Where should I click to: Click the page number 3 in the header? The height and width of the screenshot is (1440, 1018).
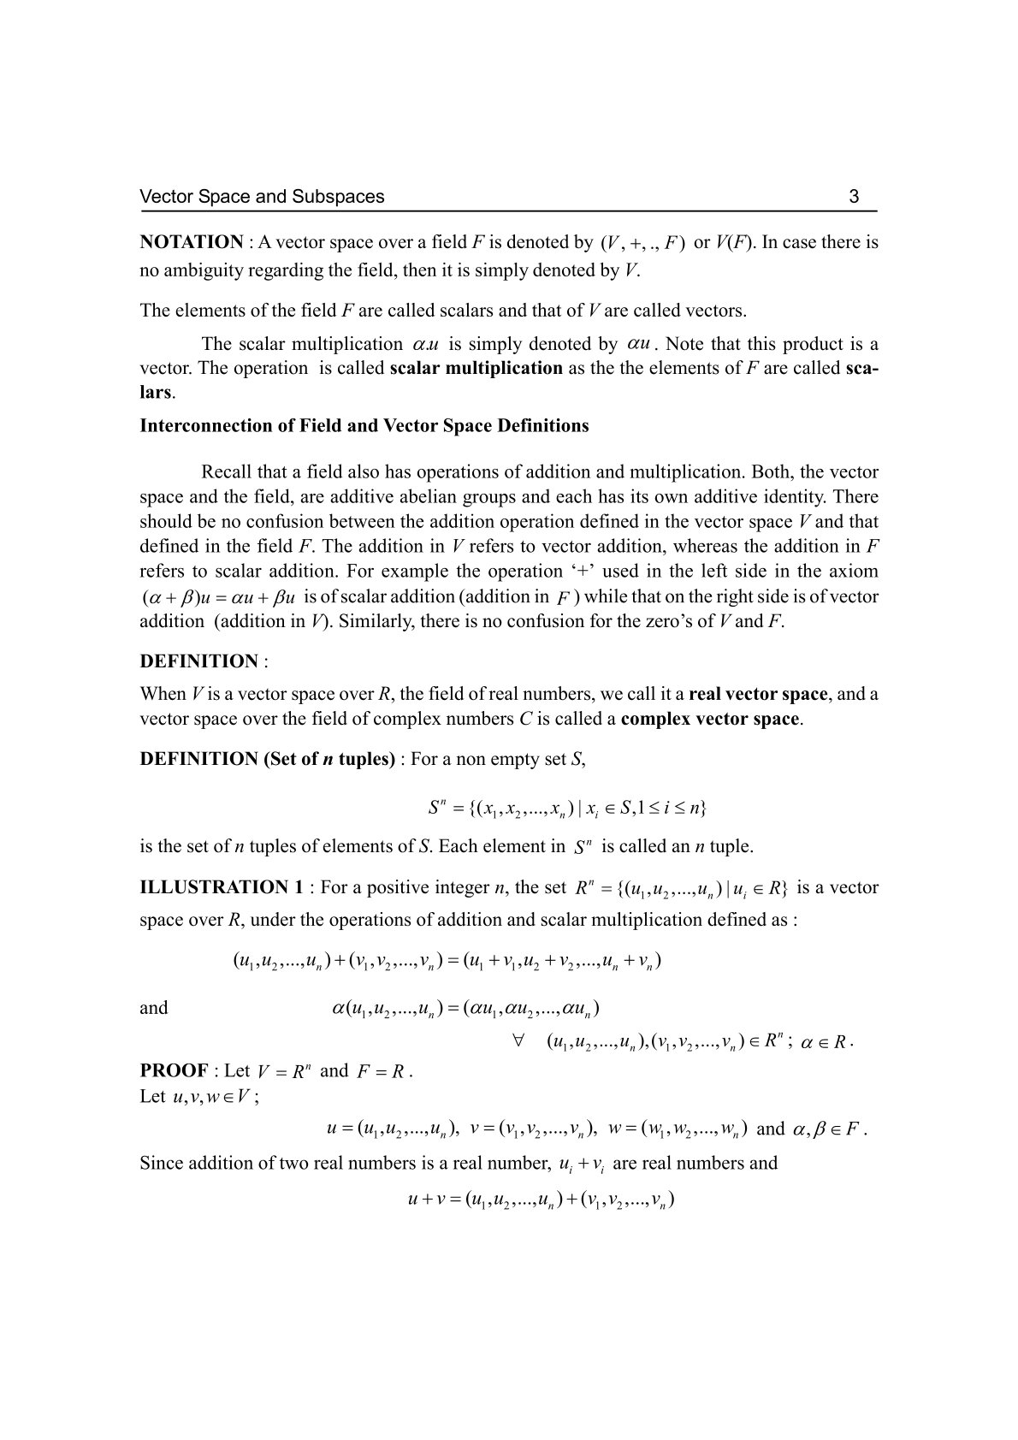click(x=854, y=197)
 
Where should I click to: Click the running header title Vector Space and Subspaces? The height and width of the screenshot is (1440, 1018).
click(x=262, y=197)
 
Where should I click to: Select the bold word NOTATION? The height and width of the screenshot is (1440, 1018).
click(x=192, y=242)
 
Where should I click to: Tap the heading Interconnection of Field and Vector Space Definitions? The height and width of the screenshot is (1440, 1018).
click(x=364, y=425)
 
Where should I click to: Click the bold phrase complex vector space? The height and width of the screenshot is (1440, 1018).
click(x=711, y=719)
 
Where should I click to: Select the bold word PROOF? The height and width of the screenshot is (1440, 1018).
click(x=175, y=1070)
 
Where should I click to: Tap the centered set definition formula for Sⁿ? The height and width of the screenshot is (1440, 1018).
click(x=567, y=808)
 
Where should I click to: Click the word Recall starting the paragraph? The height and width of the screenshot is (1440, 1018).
click(x=228, y=472)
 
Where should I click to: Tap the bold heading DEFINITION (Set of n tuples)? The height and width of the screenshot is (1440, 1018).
click(x=267, y=759)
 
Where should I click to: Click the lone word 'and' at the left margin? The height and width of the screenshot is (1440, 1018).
click(x=154, y=1008)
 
